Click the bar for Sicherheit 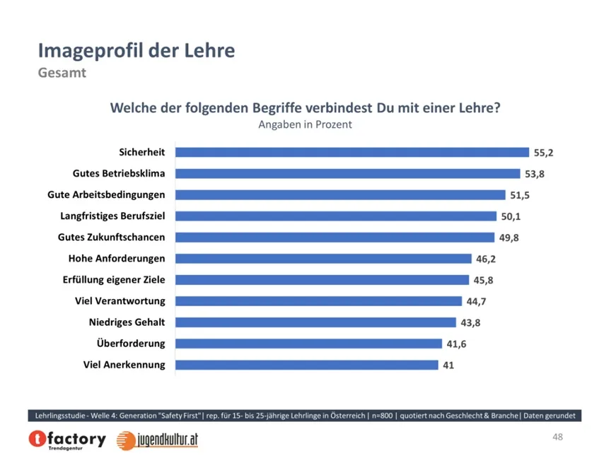tap(351, 152)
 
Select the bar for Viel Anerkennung tap(306, 365)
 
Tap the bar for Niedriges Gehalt tap(315, 322)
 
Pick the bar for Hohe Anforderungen tap(323, 259)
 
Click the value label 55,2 tap(543, 152)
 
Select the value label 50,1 tap(511, 216)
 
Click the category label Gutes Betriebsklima tap(119, 173)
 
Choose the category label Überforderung tap(131, 343)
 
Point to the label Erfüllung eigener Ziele tap(114, 280)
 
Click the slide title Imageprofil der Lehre tap(136, 51)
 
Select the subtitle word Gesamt tap(62, 73)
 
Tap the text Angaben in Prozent tap(305, 124)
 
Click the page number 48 tap(558, 438)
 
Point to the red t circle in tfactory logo tap(37, 440)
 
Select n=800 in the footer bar tap(378, 415)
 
